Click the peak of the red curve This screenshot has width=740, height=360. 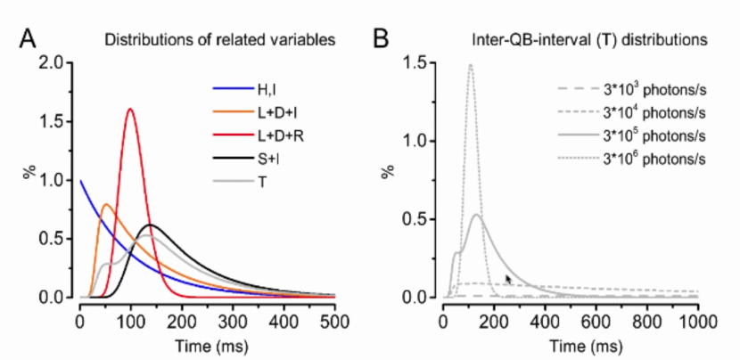point(131,109)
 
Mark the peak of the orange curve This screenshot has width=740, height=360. point(106,204)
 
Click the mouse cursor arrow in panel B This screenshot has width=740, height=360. point(508,280)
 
